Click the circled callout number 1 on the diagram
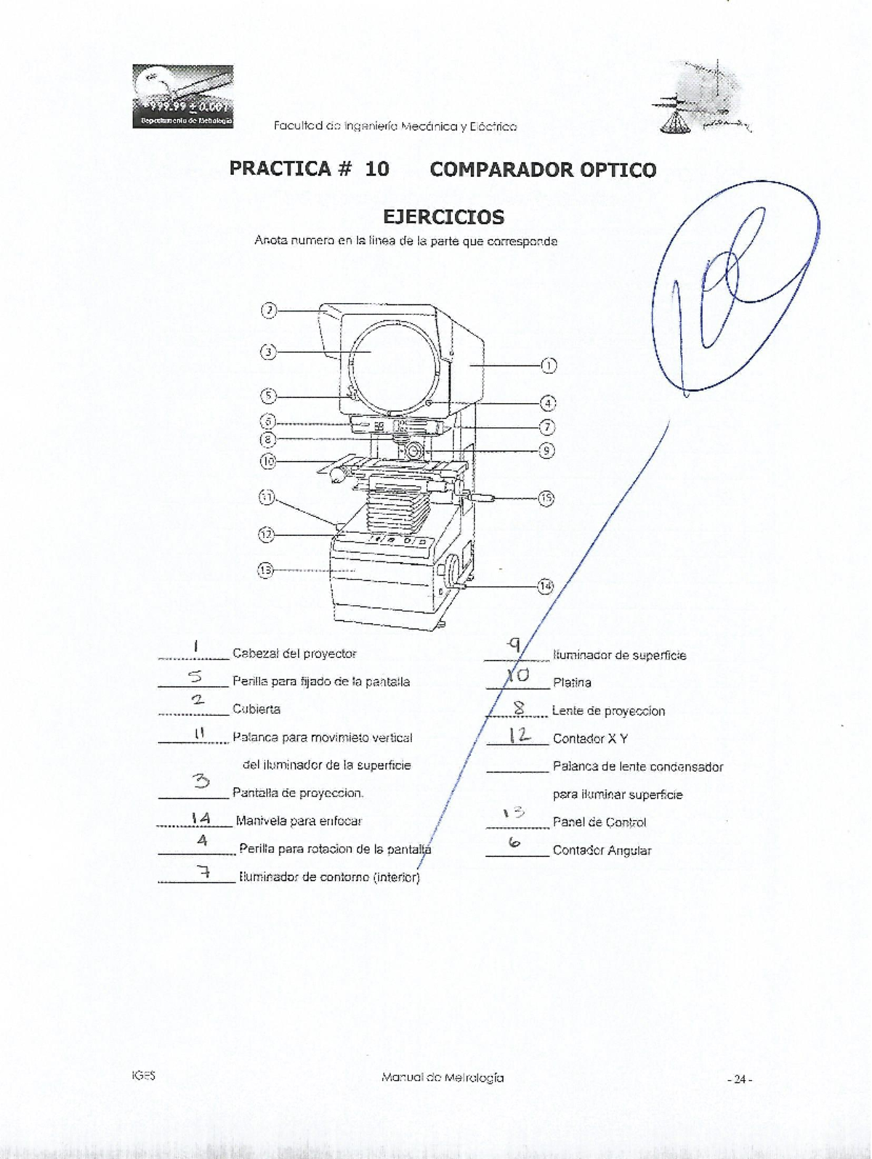point(549,365)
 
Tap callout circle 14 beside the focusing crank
point(545,585)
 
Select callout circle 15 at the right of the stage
point(546,498)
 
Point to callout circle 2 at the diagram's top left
point(269,310)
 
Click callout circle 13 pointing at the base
point(266,570)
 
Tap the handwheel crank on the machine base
point(453,573)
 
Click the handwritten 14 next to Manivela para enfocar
point(201,818)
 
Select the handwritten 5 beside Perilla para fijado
point(195,677)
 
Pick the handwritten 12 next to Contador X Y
point(519,736)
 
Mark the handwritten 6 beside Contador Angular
point(514,843)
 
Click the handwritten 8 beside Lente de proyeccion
point(519,707)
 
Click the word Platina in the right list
point(572,683)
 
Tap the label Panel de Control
point(599,823)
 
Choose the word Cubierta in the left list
point(256,709)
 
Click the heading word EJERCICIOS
point(443,217)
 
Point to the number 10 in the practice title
point(377,169)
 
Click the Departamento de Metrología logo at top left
point(182,96)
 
